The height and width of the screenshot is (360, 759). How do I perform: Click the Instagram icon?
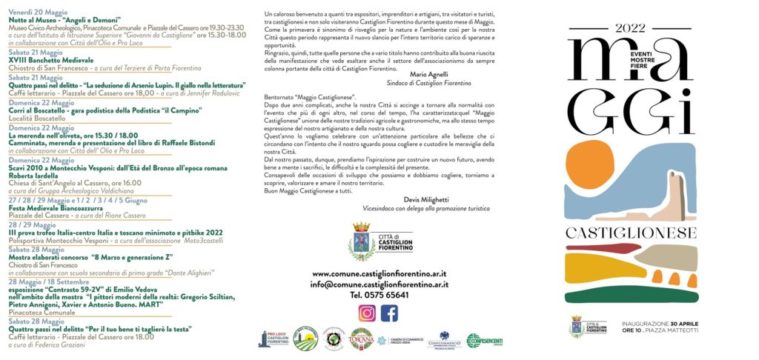[367, 313]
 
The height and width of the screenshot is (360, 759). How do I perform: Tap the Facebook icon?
[389, 313]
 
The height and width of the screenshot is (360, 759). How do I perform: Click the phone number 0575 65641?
[379, 294]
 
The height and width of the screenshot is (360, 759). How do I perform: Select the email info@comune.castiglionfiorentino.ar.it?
[379, 284]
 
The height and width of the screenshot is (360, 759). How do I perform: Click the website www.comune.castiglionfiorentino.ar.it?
[379, 273]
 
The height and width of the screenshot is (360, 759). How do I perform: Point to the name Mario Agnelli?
[428, 74]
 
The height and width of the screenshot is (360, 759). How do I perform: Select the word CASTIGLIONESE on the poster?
[632, 233]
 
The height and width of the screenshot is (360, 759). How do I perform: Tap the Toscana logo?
[361, 339]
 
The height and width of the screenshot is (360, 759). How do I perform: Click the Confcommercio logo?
[445, 340]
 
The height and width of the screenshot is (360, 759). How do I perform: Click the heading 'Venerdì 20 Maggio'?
[36, 13]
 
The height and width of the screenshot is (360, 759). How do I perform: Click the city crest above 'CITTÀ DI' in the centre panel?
[362, 241]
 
